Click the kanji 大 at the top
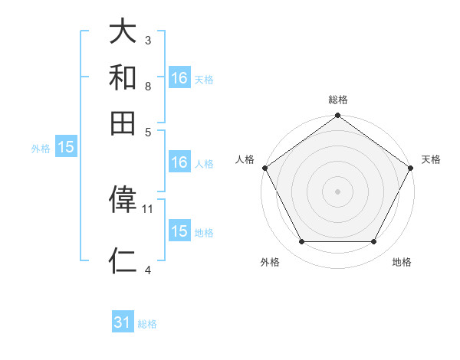point(123,32)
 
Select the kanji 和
point(123,77)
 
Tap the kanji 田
point(123,123)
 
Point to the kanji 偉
point(123,199)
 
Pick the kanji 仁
point(123,260)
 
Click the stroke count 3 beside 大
point(148,39)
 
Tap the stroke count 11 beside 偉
point(148,208)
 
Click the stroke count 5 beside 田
point(148,131)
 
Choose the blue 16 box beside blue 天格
point(179,78)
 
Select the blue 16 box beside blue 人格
point(179,162)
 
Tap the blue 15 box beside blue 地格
point(179,231)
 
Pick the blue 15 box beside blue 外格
point(66,148)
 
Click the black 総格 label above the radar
point(338,100)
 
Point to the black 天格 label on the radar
point(431,159)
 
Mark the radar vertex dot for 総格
point(338,116)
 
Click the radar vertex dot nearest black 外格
point(301,242)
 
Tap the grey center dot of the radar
point(338,191)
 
